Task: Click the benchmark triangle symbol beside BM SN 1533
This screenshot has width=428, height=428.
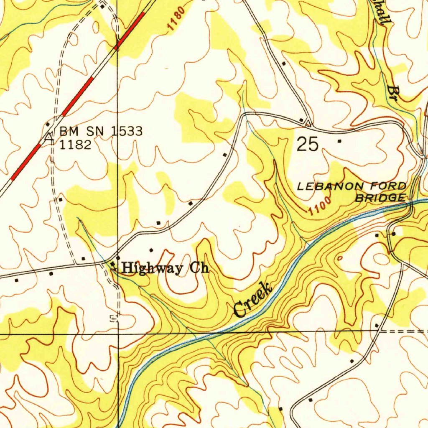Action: pos(49,137)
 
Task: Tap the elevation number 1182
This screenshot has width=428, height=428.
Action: pos(75,145)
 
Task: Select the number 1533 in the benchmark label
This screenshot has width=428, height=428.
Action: pos(127,131)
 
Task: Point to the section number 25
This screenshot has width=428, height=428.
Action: pos(308,144)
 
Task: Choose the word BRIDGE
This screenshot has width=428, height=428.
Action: pos(380,198)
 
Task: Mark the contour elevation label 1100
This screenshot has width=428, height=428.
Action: pos(320,207)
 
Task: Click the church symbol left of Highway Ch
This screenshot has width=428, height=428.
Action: pos(114,265)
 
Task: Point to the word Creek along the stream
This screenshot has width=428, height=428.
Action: pos(253,300)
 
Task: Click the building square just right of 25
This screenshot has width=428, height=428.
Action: pos(339,141)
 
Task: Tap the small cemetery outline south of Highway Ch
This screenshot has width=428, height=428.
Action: pos(113,319)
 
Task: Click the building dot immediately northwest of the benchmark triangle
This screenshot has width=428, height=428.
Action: pos(48,124)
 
